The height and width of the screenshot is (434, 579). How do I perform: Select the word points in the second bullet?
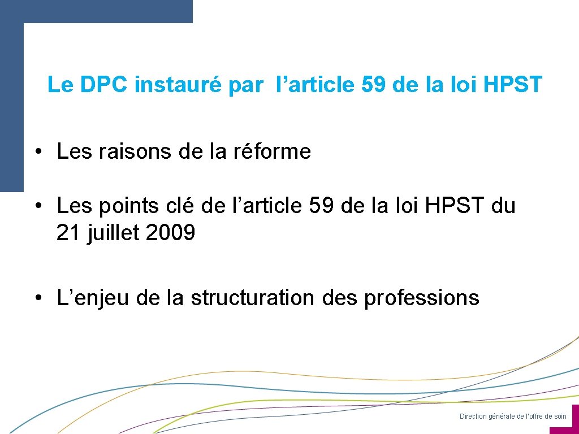[129, 206]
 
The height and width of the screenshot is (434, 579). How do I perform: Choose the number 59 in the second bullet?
[322, 206]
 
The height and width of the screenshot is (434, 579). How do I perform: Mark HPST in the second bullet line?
[455, 206]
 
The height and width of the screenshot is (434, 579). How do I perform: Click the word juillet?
[114, 233]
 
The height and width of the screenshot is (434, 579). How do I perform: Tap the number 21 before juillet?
[68, 233]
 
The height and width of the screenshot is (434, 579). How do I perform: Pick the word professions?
[421, 298]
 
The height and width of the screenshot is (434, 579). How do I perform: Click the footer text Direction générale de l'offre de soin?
[512, 416]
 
